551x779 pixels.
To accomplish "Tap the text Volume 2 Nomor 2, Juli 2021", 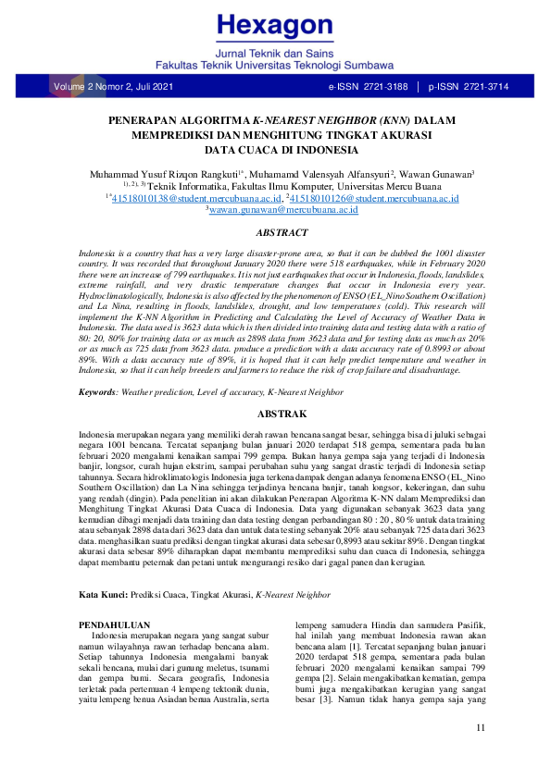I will point(114,87).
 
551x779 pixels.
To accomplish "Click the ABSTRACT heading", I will point(275,234).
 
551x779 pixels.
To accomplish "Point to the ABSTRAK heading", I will point(275,414).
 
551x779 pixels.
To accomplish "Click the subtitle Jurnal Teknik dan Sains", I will point(276,55).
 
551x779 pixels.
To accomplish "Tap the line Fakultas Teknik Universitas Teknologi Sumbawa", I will point(276,68).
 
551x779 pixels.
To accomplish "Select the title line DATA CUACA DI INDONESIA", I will point(275,148).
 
